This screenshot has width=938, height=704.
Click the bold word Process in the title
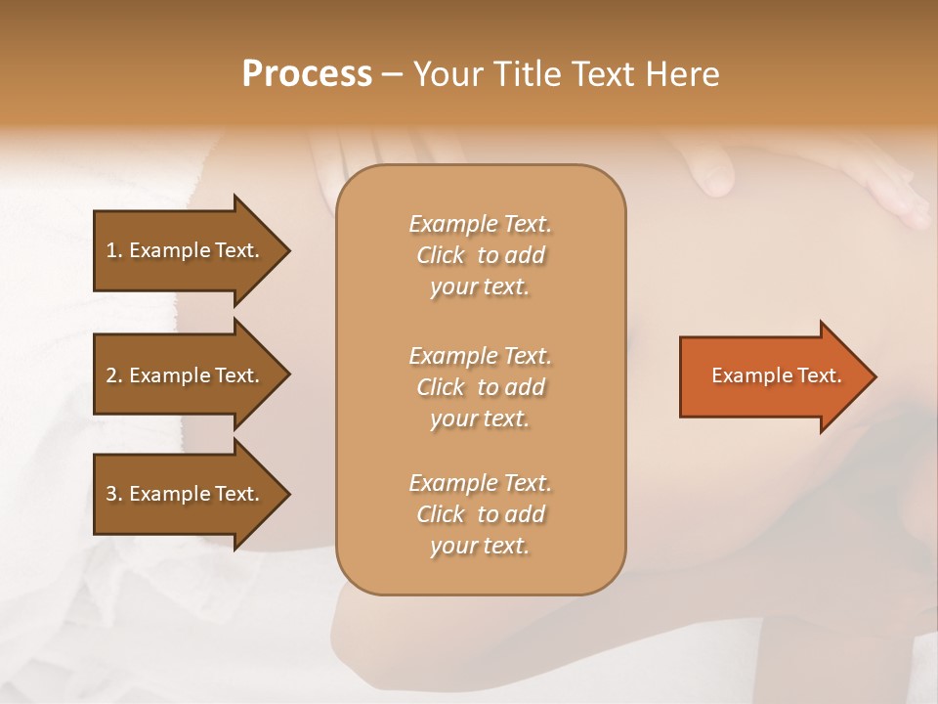coord(307,74)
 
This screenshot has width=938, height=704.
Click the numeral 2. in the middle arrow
coord(113,375)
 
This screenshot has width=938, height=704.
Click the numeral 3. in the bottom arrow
coord(113,494)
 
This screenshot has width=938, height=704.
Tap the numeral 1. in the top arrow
coord(113,250)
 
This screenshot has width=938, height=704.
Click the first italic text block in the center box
coord(480,255)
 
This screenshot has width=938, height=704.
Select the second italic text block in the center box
coord(480,387)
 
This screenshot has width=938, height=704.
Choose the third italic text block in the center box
coord(480,514)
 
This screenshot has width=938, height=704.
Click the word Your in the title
coord(446,74)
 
